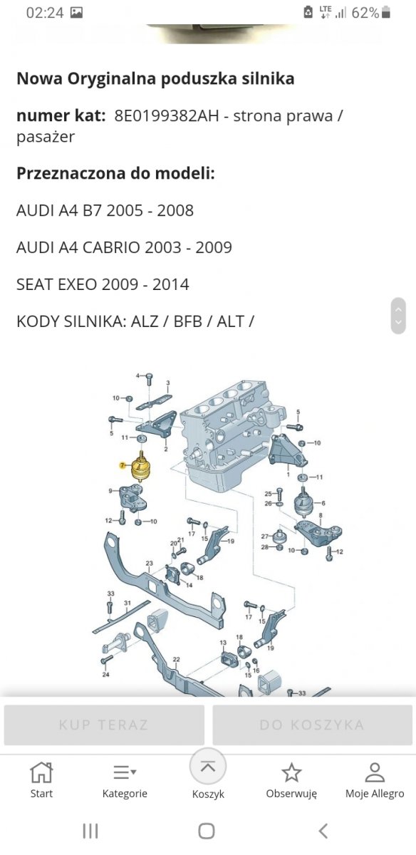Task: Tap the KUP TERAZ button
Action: click(104, 725)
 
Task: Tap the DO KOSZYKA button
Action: click(312, 725)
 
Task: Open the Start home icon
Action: click(41, 772)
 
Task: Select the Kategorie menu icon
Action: click(125, 772)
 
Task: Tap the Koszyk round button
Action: click(208, 767)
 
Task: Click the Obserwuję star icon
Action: click(291, 772)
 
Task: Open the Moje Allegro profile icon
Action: click(375, 772)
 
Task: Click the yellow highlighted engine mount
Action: click(141, 467)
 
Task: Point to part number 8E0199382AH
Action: click(167, 115)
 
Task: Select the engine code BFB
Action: click(188, 321)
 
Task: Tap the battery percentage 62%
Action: click(365, 13)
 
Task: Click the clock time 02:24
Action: click(45, 13)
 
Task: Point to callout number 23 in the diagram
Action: click(149, 563)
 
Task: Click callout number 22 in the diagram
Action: click(176, 659)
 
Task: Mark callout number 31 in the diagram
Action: click(128, 603)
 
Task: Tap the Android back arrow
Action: click(323, 831)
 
